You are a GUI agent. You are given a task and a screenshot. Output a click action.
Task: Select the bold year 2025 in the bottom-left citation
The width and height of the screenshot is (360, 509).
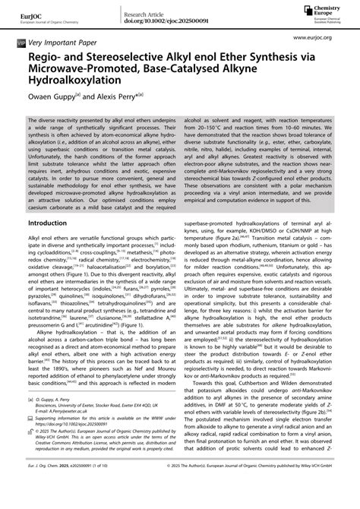tap(73, 497)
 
